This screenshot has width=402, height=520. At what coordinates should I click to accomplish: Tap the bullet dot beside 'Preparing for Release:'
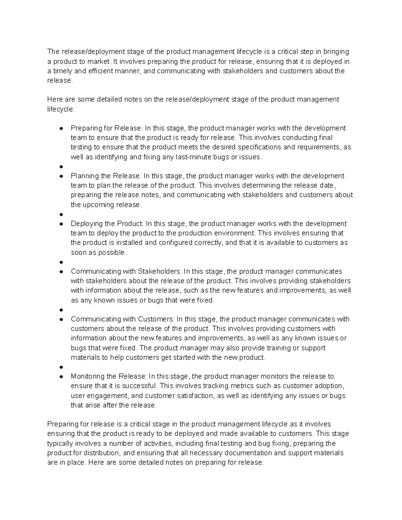click(x=61, y=128)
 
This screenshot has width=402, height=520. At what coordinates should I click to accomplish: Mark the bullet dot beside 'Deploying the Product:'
click(x=61, y=224)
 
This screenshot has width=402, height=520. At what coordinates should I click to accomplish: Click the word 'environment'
click(x=234, y=233)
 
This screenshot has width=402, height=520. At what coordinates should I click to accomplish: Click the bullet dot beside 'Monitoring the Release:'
click(x=61, y=376)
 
